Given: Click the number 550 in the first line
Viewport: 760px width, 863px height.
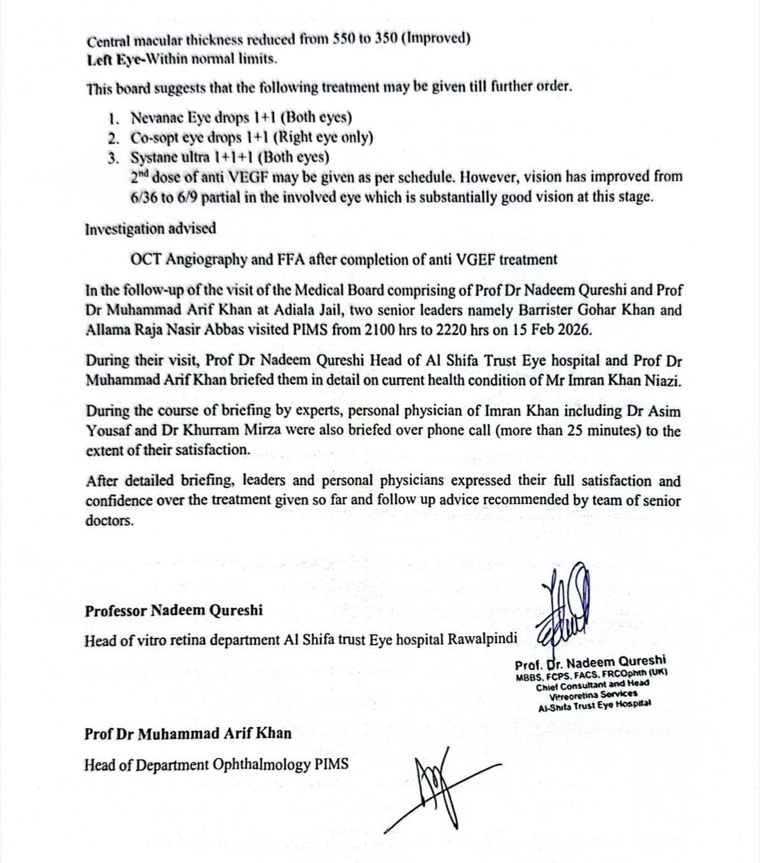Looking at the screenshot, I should point(343,39).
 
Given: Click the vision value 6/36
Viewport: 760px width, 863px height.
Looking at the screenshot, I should point(143,197).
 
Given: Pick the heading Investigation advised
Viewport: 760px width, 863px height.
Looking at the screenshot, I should point(150,229).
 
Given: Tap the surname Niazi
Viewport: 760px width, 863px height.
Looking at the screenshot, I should point(661,380).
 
